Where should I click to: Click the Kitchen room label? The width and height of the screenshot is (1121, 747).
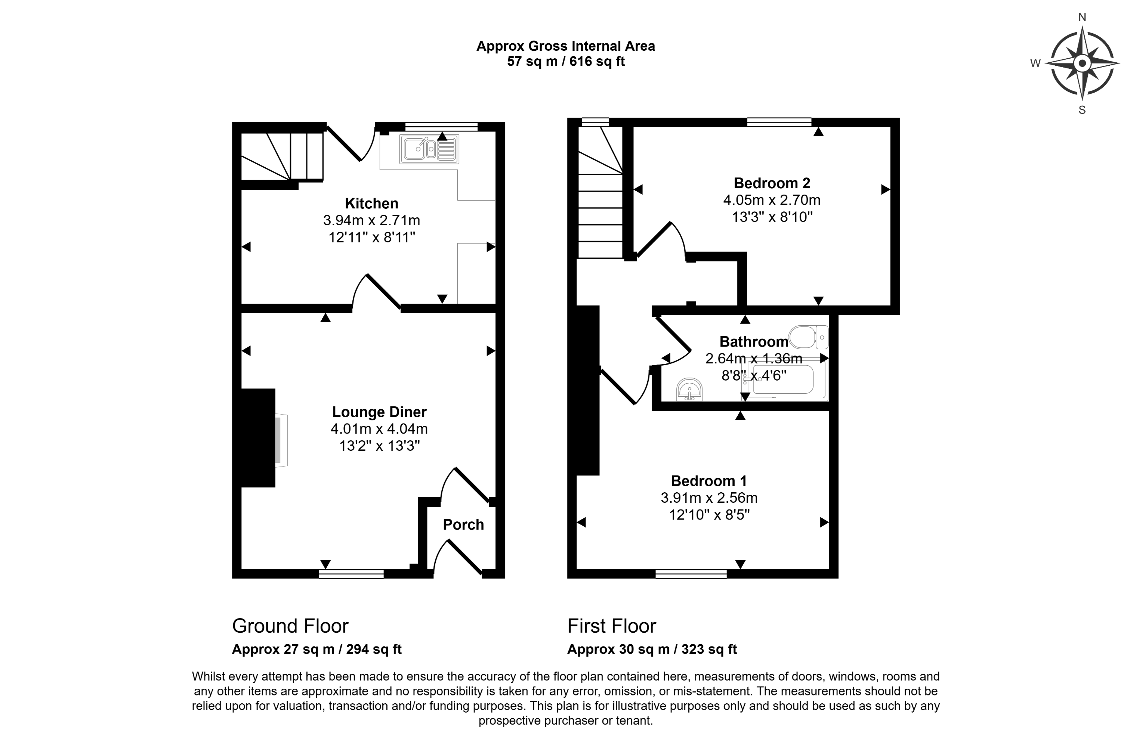pyautogui.click(x=371, y=204)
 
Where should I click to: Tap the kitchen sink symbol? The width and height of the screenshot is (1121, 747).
pyautogui.click(x=429, y=149)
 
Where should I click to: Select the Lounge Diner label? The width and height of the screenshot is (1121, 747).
pyautogui.click(x=379, y=412)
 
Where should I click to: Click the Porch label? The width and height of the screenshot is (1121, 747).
pyautogui.click(x=463, y=524)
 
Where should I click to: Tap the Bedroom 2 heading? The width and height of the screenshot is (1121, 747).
pyautogui.click(x=772, y=183)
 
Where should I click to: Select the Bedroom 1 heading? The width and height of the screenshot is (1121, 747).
pyautogui.click(x=709, y=481)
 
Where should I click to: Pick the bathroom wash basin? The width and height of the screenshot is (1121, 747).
pyautogui.click(x=689, y=390)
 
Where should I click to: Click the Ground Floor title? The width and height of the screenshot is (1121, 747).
pyautogui.click(x=290, y=626)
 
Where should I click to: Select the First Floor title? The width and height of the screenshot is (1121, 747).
pyautogui.click(x=611, y=626)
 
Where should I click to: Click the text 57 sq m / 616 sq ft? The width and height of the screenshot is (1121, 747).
pyautogui.click(x=566, y=62)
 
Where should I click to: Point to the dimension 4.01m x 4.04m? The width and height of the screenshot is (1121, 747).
pyautogui.click(x=379, y=429)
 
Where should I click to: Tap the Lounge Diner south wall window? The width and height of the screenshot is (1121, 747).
pyautogui.click(x=351, y=574)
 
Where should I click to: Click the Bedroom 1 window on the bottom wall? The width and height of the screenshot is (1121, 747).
pyautogui.click(x=691, y=574)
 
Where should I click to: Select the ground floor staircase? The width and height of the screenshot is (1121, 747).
pyautogui.click(x=282, y=156)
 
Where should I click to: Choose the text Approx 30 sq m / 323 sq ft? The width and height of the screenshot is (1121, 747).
pyautogui.click(x=652, y=650)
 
